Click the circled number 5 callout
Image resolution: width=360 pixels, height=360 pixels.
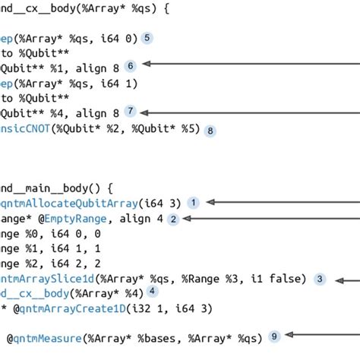[x=147, y=37]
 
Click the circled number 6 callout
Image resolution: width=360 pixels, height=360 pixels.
[x=131, y=66]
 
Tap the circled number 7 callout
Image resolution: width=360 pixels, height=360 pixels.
[x=131, y=111]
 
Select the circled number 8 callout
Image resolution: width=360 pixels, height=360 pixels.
[x=210, y=130]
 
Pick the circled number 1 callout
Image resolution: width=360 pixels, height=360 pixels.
[x=194, y=203]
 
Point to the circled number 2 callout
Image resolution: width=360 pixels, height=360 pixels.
[x=173, y=219]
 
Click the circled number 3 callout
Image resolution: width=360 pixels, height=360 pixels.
[x=321, y=279]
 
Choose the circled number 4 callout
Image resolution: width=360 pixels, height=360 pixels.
[x=153, y=291]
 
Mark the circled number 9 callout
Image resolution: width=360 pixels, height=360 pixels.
[x=274, y=335]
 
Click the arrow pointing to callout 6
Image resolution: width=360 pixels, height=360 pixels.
[x=251, y=66]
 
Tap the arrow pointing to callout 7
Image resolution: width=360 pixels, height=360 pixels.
[x=251, y=111]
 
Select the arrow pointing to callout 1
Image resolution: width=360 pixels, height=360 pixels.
[x=281, y=203]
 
